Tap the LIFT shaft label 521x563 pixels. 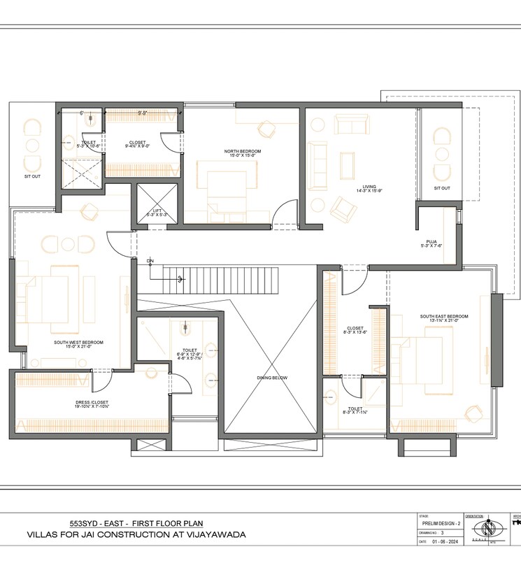(157, 213)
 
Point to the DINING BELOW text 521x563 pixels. (271, 378)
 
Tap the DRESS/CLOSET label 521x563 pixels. (92, 404)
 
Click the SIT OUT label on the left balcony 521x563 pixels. (32, 176)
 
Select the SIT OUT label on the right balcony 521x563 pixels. (441, 188)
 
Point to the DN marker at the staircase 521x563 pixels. (150, 261)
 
